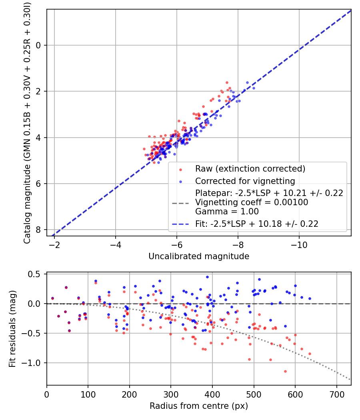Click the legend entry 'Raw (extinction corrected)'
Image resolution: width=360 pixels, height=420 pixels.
point(250,169)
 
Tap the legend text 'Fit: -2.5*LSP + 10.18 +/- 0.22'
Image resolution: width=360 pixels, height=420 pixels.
point(256,224)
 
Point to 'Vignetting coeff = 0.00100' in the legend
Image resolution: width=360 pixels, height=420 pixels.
point(252,202)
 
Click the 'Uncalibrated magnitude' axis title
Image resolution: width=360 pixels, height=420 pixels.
point(199,256)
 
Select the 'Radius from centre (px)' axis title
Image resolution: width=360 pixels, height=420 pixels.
point(199,406)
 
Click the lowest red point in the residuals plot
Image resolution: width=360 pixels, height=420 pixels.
point(285,371)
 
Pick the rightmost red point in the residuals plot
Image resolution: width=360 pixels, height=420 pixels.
point(310,354)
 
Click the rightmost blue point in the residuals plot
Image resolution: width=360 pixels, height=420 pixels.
point(310,298)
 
